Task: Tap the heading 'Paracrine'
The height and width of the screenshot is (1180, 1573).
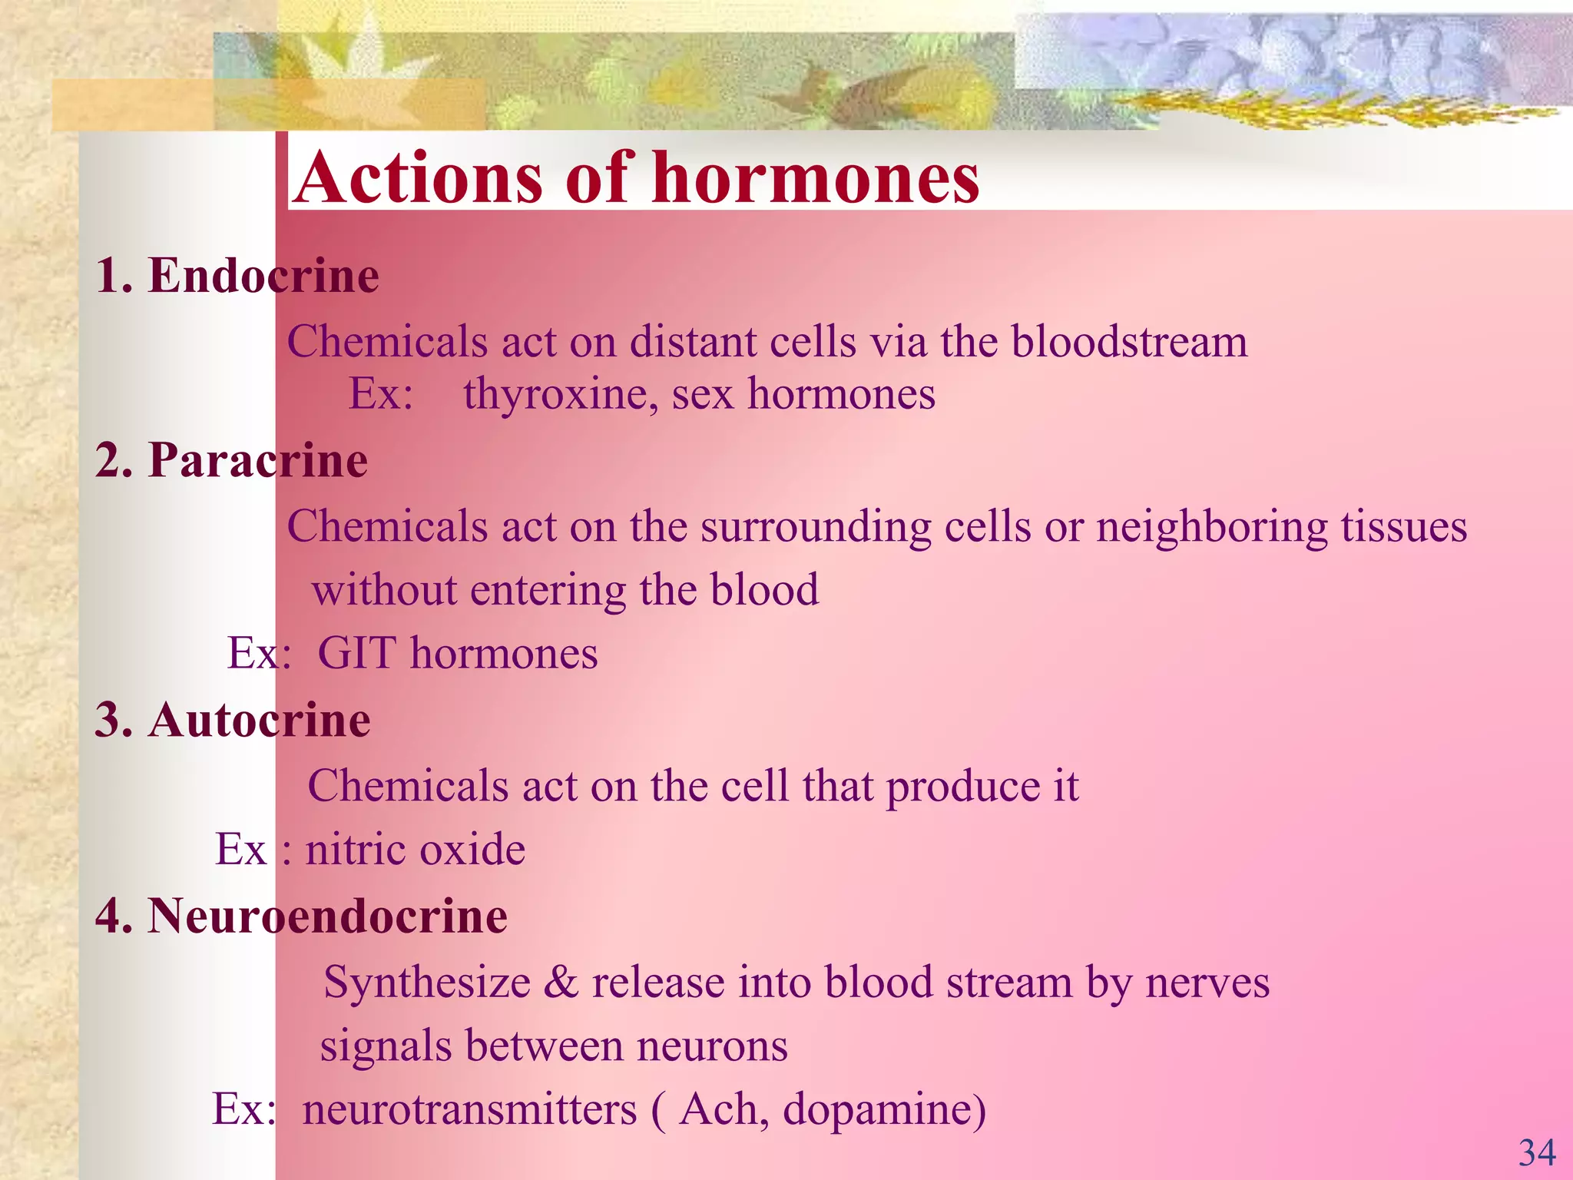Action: (x=258, y=460)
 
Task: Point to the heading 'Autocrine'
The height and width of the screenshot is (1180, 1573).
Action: (x=260, y=721)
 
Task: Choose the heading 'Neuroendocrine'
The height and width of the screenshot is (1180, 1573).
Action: (x=327, y=916)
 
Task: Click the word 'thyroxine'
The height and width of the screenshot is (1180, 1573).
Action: (x=560, y=395)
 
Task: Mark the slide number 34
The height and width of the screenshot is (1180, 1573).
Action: (x=1536, y=1153)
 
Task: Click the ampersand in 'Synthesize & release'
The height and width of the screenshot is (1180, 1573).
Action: (x=561, y=983)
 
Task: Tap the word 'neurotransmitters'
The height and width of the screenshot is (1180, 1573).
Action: (x=469, y=1110)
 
